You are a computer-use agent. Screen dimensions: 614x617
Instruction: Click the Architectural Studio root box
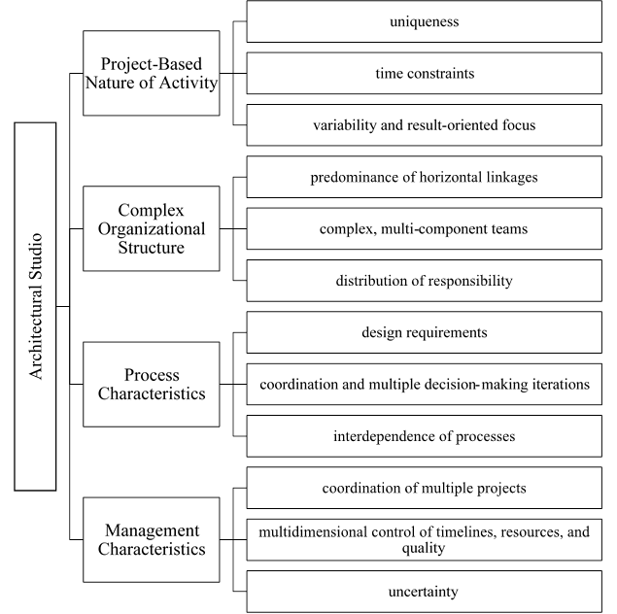click(x=35, y=305)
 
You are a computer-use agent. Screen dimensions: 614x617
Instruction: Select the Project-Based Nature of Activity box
click(x=151, y=73)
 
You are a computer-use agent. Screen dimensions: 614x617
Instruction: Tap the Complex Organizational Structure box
click(x=151, y=229)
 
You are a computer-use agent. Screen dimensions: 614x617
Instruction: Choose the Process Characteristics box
click(x=151, y=384)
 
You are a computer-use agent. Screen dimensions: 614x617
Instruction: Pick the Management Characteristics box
click(x=151, y=539)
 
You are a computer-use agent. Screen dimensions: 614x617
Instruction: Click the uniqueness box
click(x=424, y=21)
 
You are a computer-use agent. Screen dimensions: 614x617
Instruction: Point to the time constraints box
click(x=424, y=73)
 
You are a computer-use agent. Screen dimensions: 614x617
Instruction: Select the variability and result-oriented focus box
click(x=424, y=125)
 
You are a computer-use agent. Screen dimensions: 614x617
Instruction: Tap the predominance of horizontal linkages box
click(x=424, y=178)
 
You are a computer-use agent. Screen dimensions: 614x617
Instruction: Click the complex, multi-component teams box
click(x=424, y=229)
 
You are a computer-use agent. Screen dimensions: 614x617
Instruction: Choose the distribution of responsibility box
click(x=424, y=281)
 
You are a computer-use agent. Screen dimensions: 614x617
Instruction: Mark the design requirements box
click(x=424, y=332)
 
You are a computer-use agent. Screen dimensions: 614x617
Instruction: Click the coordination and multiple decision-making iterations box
click(x=424, y=384)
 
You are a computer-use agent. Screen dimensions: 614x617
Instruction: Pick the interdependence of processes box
click(x=424, y=436)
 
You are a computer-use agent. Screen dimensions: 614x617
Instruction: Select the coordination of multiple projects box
click(x=424, y=488)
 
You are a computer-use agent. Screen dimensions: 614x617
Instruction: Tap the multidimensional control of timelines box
click(x=424, y=539)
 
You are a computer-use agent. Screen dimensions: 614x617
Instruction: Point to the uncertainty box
click(x=424, y=591)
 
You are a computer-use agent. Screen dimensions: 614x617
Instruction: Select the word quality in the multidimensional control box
click(x=424, y=548)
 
